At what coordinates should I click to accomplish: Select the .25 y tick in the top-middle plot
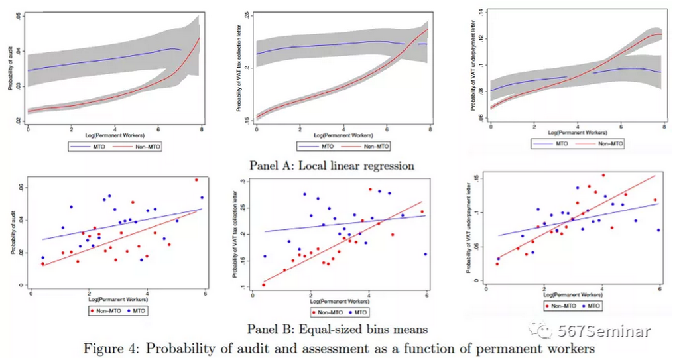(x=245, y=15)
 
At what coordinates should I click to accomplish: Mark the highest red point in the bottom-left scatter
(x=196, y=180)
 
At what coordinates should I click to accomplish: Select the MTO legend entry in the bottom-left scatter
(x=139, y=310)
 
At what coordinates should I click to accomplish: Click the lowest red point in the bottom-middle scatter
(x=264, y=285)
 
